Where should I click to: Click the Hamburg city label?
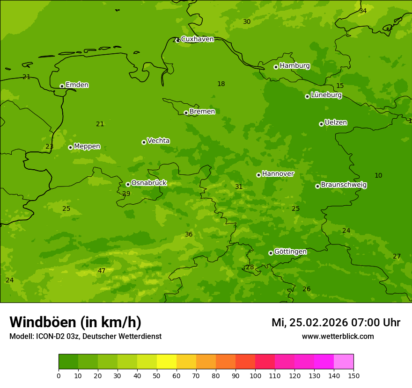point(294,66)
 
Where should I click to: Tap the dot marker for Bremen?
point(186,113)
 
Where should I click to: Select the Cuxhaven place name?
point(197,39)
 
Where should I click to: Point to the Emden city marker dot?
point(62,86)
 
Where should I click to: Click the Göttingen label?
point(290,252)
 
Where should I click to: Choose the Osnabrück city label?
point(148,183)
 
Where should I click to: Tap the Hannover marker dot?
point(258,175)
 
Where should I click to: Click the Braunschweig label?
point(344,185)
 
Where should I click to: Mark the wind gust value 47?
point(102,271)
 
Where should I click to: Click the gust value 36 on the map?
point(189,235)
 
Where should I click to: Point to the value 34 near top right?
point(363,11)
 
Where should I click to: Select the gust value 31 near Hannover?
point(239,187)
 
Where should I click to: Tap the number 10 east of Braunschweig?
point(378,176)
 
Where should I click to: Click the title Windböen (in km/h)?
point(75,322)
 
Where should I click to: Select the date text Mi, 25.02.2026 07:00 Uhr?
point(336,323)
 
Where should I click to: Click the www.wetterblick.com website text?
point(338,337)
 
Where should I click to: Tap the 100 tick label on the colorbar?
point(255,375)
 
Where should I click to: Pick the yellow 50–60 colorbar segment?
point(167,362)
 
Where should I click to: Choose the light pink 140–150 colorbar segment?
point(344,362)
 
